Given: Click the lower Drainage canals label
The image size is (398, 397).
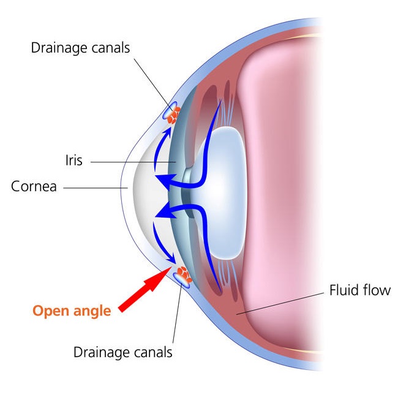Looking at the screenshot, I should point(122,352).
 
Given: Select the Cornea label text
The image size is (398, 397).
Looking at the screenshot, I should point(34,186).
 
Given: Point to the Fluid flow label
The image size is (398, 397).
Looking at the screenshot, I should point(359,290).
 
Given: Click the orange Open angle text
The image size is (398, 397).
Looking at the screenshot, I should point(72,311).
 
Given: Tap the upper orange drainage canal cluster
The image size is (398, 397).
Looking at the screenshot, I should point(175,113).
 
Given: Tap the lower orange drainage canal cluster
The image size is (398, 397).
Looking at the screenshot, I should point(182,273).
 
